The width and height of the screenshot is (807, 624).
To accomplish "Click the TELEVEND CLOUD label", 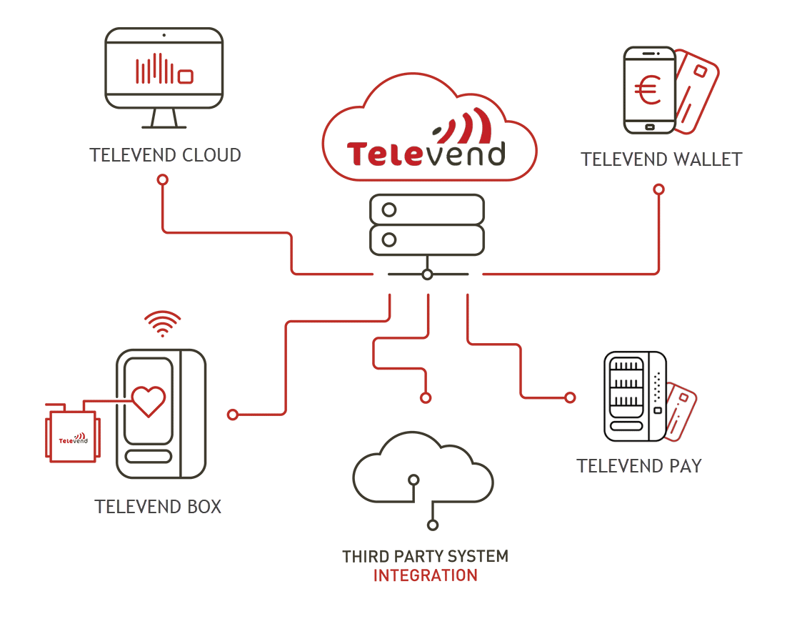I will point(166,154).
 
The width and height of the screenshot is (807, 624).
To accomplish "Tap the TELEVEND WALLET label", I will point(661,159).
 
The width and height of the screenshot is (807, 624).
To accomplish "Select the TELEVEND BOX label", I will point(158,507).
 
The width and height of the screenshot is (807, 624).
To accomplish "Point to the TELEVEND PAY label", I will point(639,466).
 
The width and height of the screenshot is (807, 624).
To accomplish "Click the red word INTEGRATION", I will point(425,575).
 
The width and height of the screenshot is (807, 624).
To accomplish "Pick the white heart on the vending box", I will point(149,400).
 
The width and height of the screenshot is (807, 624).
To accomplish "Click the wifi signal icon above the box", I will point(162,322).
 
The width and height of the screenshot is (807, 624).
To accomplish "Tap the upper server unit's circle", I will point(389,210).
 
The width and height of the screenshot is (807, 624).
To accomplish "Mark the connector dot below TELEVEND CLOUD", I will point(163,179).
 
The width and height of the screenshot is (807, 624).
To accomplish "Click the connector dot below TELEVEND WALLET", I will point(658,189).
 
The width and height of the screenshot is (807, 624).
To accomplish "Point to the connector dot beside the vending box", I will point(232,414).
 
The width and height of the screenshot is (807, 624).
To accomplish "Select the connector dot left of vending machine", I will point(570,397).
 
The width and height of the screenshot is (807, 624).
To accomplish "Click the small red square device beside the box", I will point(73,438).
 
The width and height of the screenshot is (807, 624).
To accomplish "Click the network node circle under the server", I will point(426,274).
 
